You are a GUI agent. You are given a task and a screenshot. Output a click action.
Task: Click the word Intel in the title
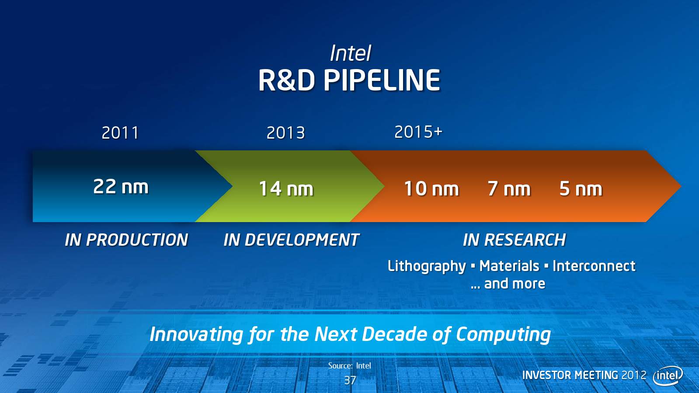point(351,53)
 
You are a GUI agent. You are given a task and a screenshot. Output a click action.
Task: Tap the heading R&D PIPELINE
point(349,80)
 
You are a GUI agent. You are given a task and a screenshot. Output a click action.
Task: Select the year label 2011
point(120,133)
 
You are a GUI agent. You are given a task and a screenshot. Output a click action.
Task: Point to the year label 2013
point(285,133)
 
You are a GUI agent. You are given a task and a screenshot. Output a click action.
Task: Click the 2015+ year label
point(418,132)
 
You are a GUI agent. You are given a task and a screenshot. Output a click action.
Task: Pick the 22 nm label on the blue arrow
point(121,187)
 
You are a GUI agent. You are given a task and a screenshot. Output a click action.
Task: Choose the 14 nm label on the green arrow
point(286,189)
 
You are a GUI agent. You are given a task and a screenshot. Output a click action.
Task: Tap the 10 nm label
point(431,189)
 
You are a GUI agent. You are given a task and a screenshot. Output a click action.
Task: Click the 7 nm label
point(509,189)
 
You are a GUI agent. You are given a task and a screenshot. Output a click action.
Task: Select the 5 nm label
point(581,189)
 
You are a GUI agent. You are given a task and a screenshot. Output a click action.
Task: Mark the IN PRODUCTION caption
point(126,240)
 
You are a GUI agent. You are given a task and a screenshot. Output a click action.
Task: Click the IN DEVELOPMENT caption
point(292,240)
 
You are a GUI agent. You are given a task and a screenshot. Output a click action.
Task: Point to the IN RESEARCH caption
point(514,240)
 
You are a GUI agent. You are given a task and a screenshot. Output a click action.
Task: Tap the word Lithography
point(427,267)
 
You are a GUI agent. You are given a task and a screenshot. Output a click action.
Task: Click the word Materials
point(509,266)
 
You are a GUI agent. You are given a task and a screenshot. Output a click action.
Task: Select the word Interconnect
point(594,266)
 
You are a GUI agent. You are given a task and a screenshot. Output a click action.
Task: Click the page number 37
point(350,380)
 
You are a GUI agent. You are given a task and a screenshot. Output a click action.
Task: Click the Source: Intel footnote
point(350,365)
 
